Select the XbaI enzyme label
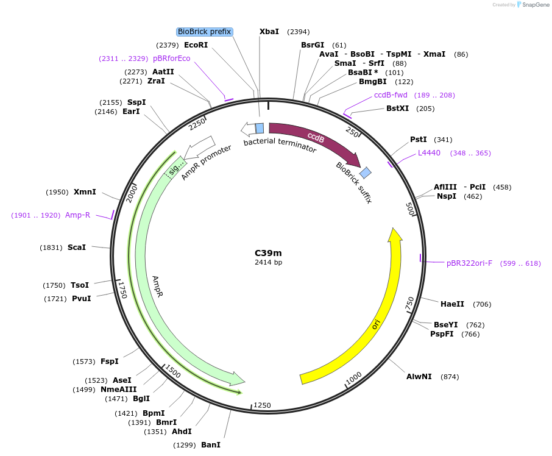pyautogui.click(x=269, y=32)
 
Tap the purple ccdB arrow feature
pyautogui.click(x=314, y=138)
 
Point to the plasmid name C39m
pyautogui.click(x=268, y=253)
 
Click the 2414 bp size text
pyautogui.click(x=268, y=263)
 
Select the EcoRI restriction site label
pyautogui.click(x=196, y=45)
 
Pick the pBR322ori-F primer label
pyautogui.click(x=469, y=263)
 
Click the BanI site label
pyautogui.click(x=210, y=445)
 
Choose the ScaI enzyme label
pyautogui.click(x=77, y=248)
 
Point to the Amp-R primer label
pyautogui.click(x=77, y=215)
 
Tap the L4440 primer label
pyautogui.click(x=429, y=153)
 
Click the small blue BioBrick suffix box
pyautogui.click(x=365, y=173)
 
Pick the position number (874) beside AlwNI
pyautogui.click(x=450, y=377)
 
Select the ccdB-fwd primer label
pyautogui.click(x=391, y=95)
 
